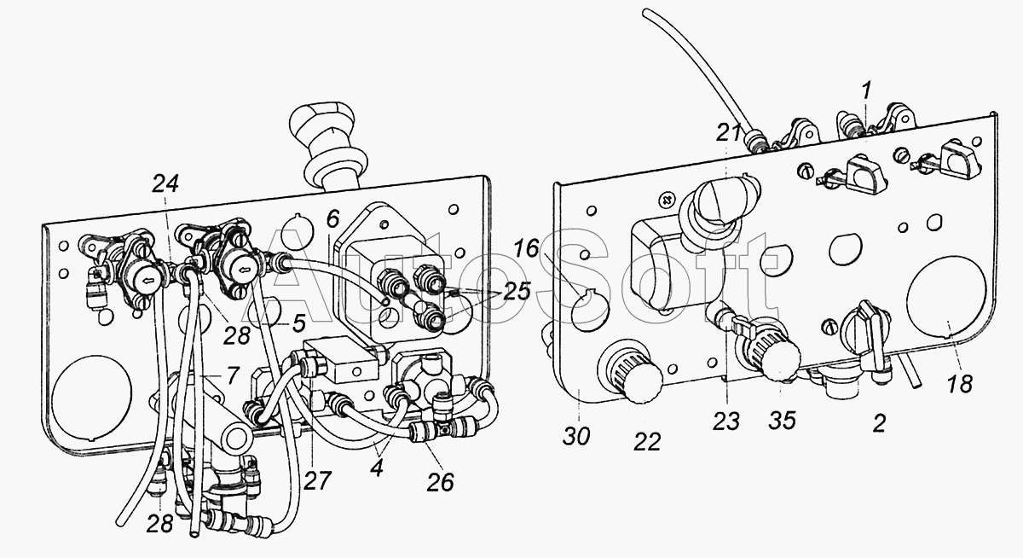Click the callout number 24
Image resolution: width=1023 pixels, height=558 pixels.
coord(165,183)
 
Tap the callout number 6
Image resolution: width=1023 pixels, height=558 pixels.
coord(333,219)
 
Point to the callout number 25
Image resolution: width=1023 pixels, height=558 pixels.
coord(517,291)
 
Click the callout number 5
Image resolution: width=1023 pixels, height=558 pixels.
coord(298,323)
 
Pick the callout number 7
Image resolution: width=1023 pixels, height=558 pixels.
coord(233,375)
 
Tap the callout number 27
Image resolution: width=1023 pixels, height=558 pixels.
coord(317,480)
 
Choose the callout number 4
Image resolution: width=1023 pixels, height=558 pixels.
coord(377,469)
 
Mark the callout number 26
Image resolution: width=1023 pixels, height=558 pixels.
coord(440,483)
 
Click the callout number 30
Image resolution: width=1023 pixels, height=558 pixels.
coord(576,436)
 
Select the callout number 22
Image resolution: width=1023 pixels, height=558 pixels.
coord(647,442)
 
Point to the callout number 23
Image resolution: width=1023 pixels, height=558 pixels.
coord(726,421)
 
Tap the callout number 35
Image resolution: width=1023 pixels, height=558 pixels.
coord(783,421)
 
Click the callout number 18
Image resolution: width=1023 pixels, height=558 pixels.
coord(959,384)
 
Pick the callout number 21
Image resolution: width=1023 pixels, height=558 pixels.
coord(729,133)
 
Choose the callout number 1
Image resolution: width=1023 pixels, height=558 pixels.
coord(866,90)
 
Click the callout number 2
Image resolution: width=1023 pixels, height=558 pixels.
coord(879,423)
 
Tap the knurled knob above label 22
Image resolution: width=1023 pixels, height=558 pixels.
coord(633,369)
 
